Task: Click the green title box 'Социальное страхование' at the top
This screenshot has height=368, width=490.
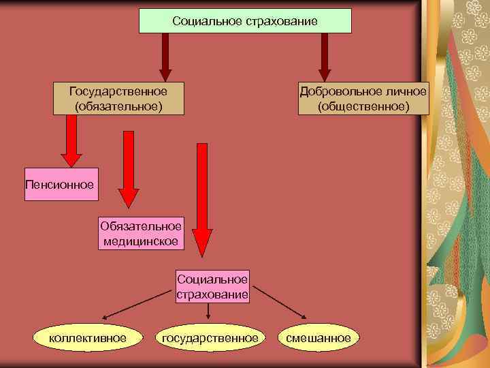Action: pyautogui.click(x=245, y=21)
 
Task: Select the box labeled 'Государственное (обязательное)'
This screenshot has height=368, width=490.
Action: pyautogui.click(x=118, y=99)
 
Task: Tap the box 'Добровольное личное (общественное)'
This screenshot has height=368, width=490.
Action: pyautogui.click(x=363, y=99)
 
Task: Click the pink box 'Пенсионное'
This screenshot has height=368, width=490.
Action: pyautogui.click(x=61, y=185)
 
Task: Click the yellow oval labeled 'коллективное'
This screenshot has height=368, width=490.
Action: pyautogui.click(x=86, y=337)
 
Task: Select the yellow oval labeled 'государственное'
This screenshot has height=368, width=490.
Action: pyautogui.click(x=208, y=337)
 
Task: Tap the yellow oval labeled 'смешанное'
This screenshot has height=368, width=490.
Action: pyautogui.click(x=318, y=337)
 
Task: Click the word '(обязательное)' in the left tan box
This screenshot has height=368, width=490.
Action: pyautogui.click(x=118, y=106)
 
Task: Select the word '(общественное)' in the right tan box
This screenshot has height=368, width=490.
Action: pyautogui.click(x=363, y=106)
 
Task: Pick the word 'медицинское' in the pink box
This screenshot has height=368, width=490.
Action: pyautogui.click(x=141, y=241)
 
